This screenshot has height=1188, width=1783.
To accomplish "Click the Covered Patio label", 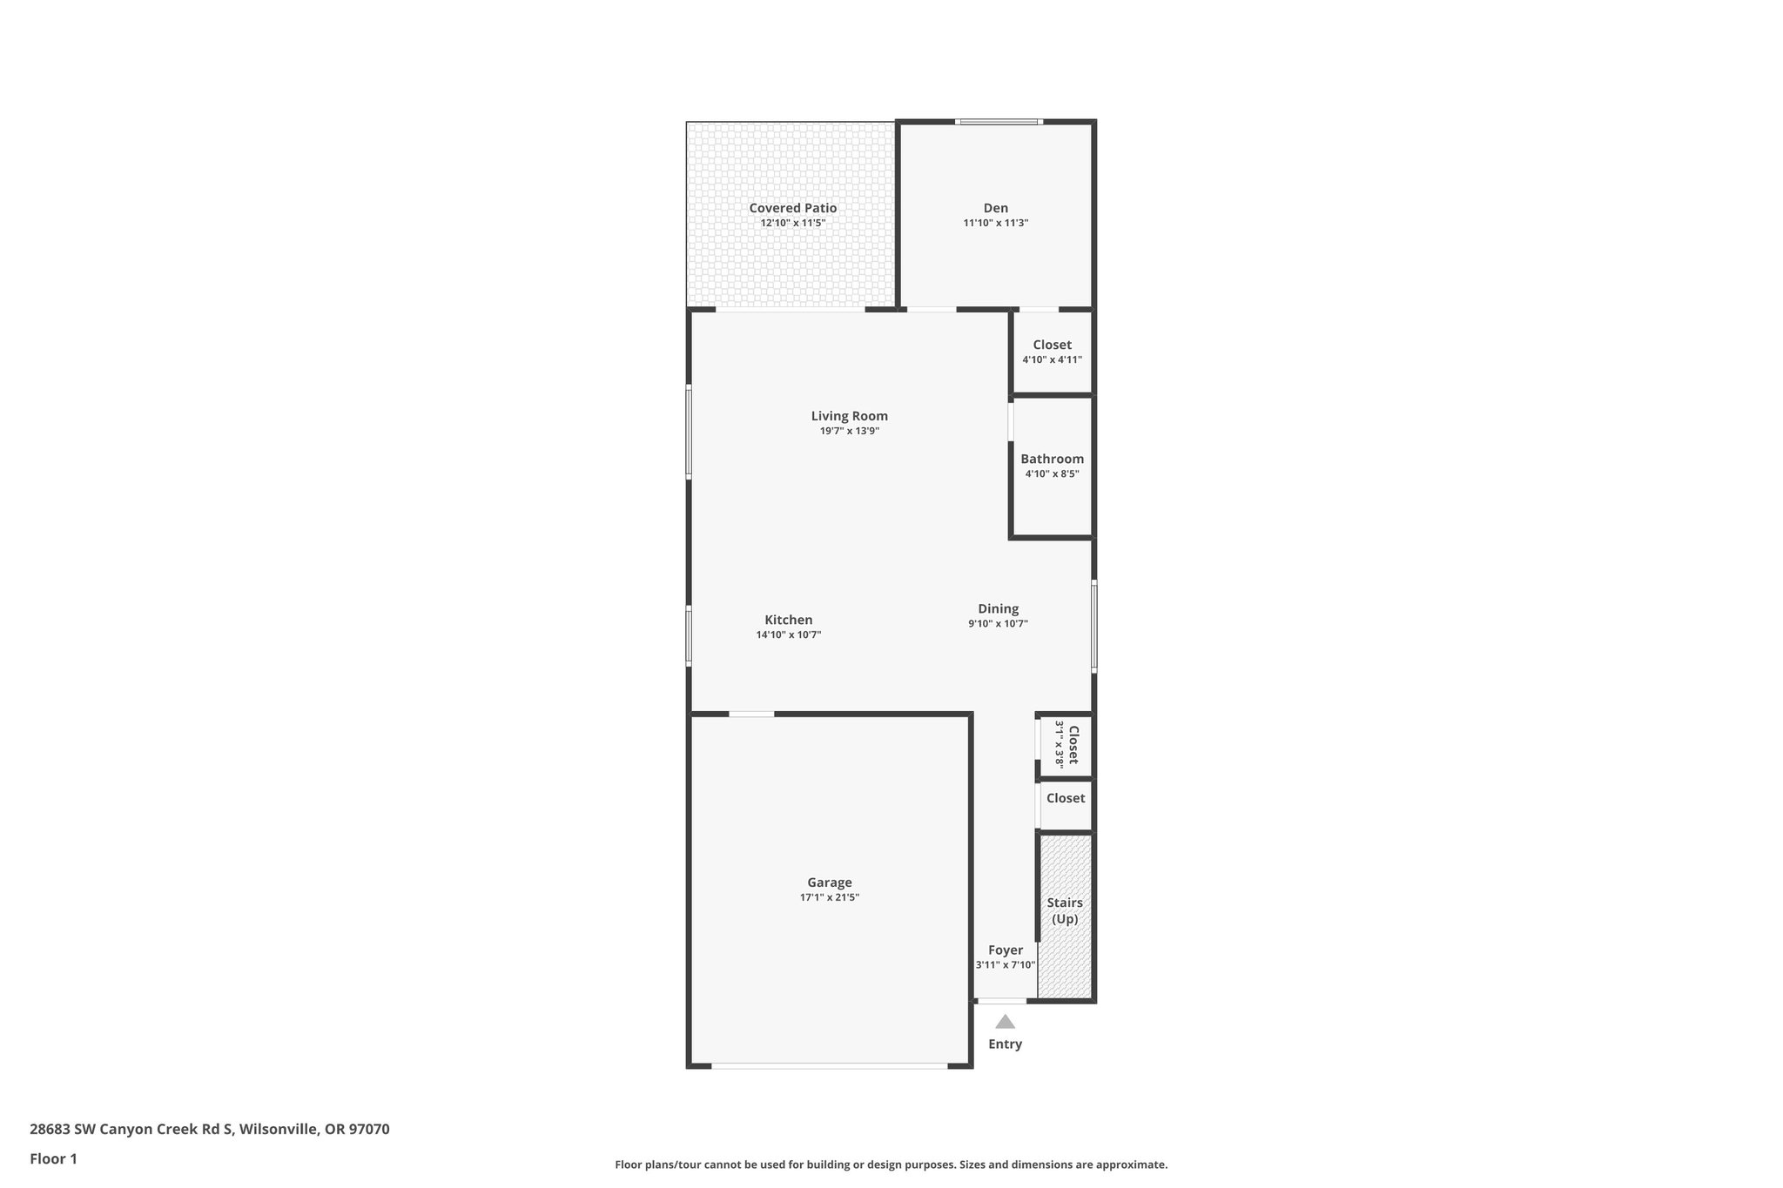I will (x=792, y=208).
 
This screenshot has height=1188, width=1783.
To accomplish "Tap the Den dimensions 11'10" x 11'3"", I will (x=995, y=223).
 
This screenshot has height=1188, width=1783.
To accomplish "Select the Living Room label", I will (x=849, y=416).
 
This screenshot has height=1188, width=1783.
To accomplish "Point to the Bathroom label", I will (x=1052, y=459).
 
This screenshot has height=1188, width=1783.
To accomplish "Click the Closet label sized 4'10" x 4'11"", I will (x=1052, y=345).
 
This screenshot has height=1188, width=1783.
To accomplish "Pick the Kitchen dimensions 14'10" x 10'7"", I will (x=788, y=634).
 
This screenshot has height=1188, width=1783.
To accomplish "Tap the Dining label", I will (x=998, y=608).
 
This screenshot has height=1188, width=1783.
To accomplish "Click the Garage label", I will (x=829, y=883).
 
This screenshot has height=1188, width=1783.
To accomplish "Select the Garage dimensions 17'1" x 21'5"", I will (x=829, y=897).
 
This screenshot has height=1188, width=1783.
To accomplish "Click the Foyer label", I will (x=1005, y=950).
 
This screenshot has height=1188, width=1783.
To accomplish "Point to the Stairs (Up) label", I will (x=1064, y=910).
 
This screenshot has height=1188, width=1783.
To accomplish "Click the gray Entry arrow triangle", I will (x=1005, y=1022).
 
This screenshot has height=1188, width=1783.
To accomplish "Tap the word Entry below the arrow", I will (x=1005, y=1044).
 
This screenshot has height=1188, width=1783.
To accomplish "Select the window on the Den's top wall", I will (x=997, y=122).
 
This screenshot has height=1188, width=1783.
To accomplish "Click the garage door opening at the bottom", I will (x=829, y=1065).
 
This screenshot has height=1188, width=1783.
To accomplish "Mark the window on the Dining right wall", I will (x=1093, y=627).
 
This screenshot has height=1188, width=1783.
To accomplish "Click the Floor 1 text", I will (x=53, y=1158).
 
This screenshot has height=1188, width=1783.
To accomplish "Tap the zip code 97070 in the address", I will (x=369, y=1130).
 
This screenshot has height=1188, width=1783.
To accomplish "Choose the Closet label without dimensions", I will (x=1065, y=798).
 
